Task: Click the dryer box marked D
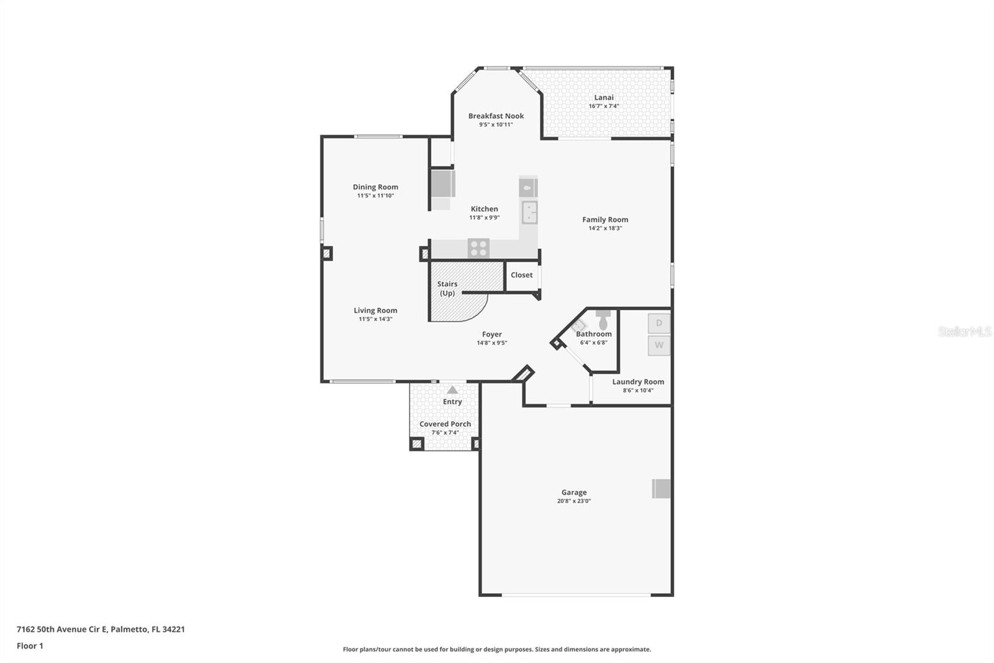click(x=659, y=323)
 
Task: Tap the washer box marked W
click(x=659, y=345)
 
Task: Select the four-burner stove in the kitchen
click(x=478, y=248)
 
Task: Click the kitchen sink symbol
click(x=529, y=213)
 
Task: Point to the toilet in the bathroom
click(x=603, y=320)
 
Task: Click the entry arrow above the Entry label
click(x=452, y=390)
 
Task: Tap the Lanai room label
click(x=604, y=97)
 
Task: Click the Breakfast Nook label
click(x=496, y=116)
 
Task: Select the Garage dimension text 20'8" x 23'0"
click(x=573, y=501)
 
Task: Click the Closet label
click(x=521, y=275)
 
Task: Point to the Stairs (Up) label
click(x=447, y=288)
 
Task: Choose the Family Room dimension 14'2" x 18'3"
click(x=604, y=228)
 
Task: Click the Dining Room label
click(x=375, y=187)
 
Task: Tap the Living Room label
click(x=375, y=310)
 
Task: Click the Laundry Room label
click(x=638, y=382)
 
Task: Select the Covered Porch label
click(x=445, y=424)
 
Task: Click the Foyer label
click(x=491, y=334)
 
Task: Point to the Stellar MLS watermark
click(x=964, y=331)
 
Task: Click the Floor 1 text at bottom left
click(x=30, y=646)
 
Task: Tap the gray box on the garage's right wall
click(x=661, y=488)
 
